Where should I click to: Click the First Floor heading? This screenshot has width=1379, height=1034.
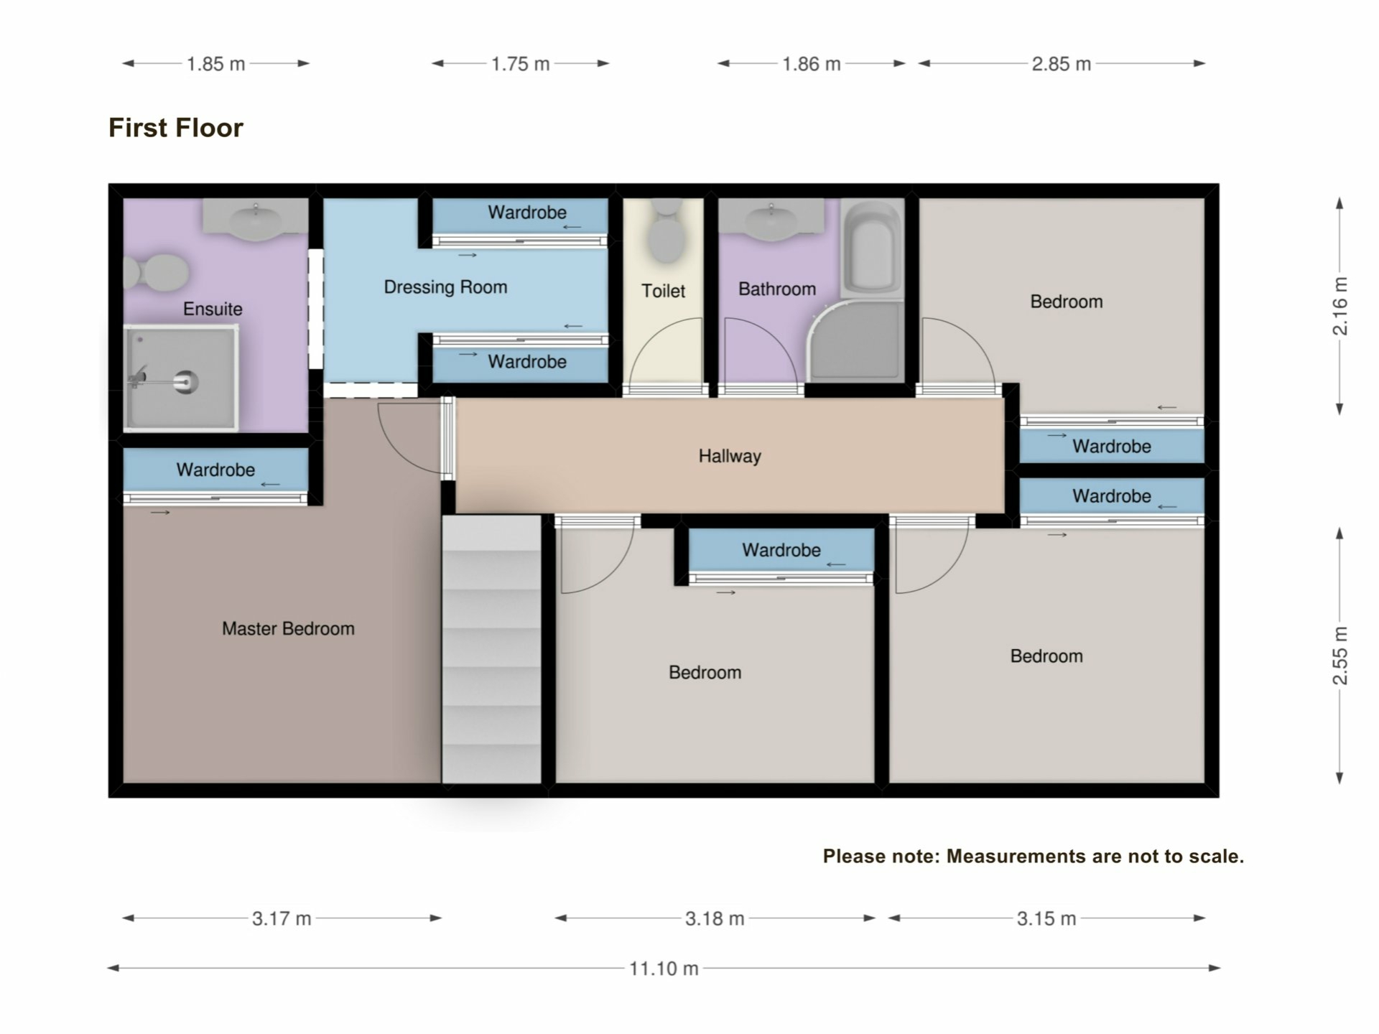coord(176,128)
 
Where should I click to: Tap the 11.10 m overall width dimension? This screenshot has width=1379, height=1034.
coord(664,969)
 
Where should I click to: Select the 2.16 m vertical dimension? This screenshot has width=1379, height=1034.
coord(1340,306)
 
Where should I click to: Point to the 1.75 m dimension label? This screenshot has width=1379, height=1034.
coord(520,64)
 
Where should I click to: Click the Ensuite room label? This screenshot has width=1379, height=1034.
coord(213,309)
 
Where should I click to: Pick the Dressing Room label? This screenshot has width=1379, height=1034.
coord(445,287)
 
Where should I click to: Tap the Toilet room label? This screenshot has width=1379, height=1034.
coord(663,291)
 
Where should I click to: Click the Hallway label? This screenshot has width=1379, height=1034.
coord(730,456)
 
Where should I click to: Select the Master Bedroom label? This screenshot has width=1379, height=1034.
coord(288,629)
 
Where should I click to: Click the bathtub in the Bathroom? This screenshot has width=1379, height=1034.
coord(872,248)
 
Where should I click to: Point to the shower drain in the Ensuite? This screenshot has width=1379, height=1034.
coord(185,381)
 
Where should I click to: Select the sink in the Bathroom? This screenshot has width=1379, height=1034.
coord(771,218)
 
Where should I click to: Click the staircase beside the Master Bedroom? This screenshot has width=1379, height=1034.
coord(491,649)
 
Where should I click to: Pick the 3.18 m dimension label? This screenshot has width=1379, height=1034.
coord(715,918)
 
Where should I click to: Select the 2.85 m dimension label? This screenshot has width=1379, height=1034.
coord(1062,64)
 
